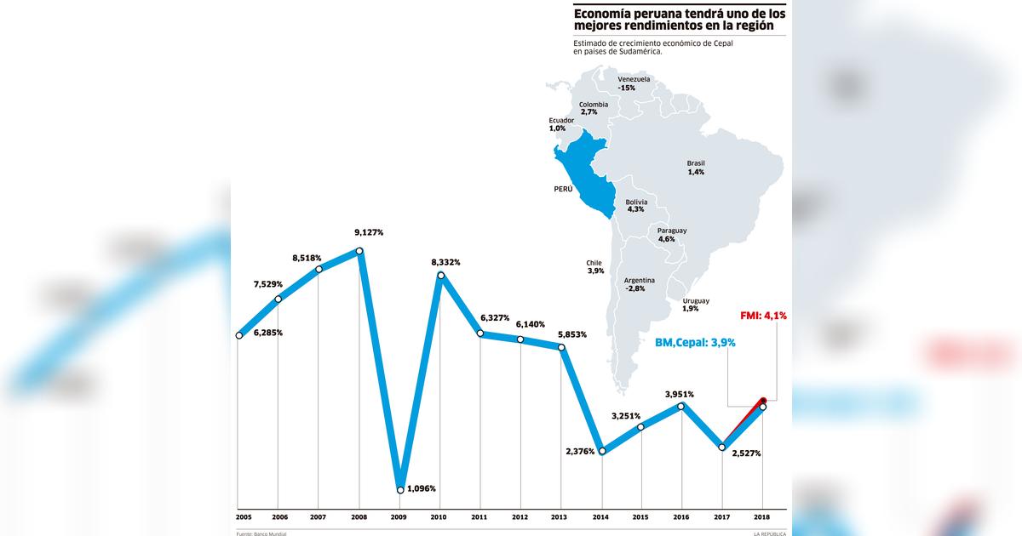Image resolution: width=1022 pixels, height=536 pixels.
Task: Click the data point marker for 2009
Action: coord(400,489)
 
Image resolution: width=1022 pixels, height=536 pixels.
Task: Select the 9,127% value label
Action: coord(369,232)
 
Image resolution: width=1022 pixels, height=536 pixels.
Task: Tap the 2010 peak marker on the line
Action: coord(440,275)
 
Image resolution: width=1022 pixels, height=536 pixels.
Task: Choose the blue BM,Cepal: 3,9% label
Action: coord(695,342)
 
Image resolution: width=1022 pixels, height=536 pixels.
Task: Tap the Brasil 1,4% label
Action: coord(696,168)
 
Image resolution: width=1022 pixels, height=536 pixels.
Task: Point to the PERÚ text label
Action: coord(563,191)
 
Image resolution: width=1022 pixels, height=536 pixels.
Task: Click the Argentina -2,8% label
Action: coord(639,284)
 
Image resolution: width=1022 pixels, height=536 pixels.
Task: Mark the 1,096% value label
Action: coord(422,488)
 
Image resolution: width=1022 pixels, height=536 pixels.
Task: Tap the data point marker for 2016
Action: coord(681,407)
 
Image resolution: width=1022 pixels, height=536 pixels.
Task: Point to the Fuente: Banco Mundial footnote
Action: coord(261,533)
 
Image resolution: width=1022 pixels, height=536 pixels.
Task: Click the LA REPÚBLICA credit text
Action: coord(769,533)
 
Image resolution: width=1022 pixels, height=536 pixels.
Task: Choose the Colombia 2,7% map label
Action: coord(594,108)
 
